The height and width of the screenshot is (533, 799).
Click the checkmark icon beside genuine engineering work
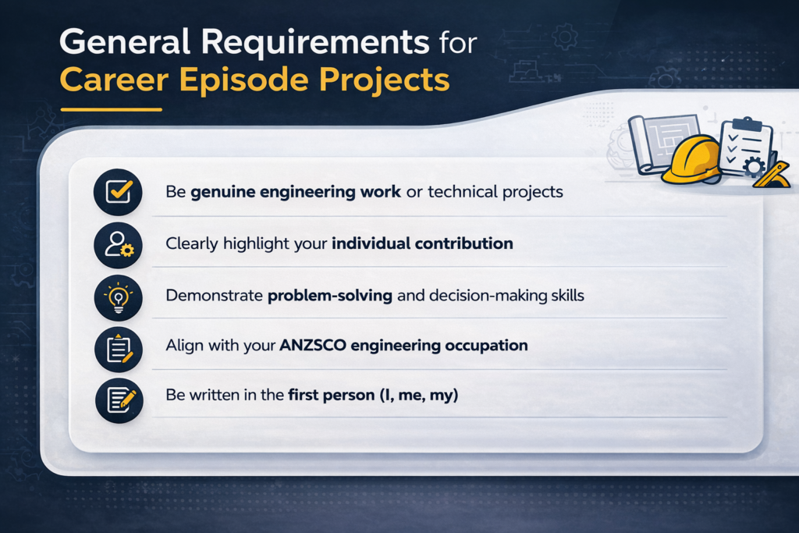coord(118,191)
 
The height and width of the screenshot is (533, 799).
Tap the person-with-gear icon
coord(118,244)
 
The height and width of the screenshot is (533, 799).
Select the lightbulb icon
coord(118,297)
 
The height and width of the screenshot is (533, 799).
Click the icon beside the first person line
coord(118,399)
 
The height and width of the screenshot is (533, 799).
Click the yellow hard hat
coord(691,159)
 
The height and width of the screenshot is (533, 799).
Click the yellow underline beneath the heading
coord(111,108)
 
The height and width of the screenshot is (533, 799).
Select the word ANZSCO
coord(313,345)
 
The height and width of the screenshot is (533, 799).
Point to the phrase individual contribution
coord(422,243)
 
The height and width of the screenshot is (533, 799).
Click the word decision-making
coord(463,297)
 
